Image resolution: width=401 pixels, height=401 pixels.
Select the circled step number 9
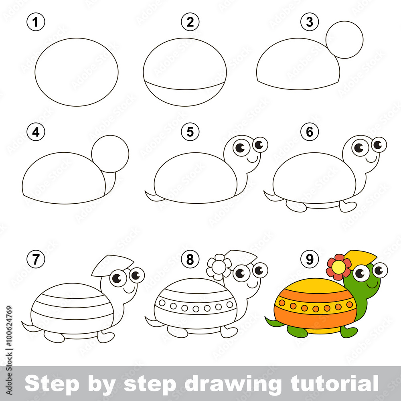coord(309,259)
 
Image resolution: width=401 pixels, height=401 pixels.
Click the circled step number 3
coord(309,22)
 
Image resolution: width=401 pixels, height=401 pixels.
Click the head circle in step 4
coord(110,154)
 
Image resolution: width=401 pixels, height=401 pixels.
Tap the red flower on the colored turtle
coord(339,267)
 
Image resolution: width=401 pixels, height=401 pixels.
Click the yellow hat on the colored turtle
coord(361,257)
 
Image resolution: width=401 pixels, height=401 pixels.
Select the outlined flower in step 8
coord(219,267)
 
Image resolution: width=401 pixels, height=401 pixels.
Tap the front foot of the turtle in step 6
coord(348,207)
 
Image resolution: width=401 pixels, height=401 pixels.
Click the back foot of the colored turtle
coord(297,332)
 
